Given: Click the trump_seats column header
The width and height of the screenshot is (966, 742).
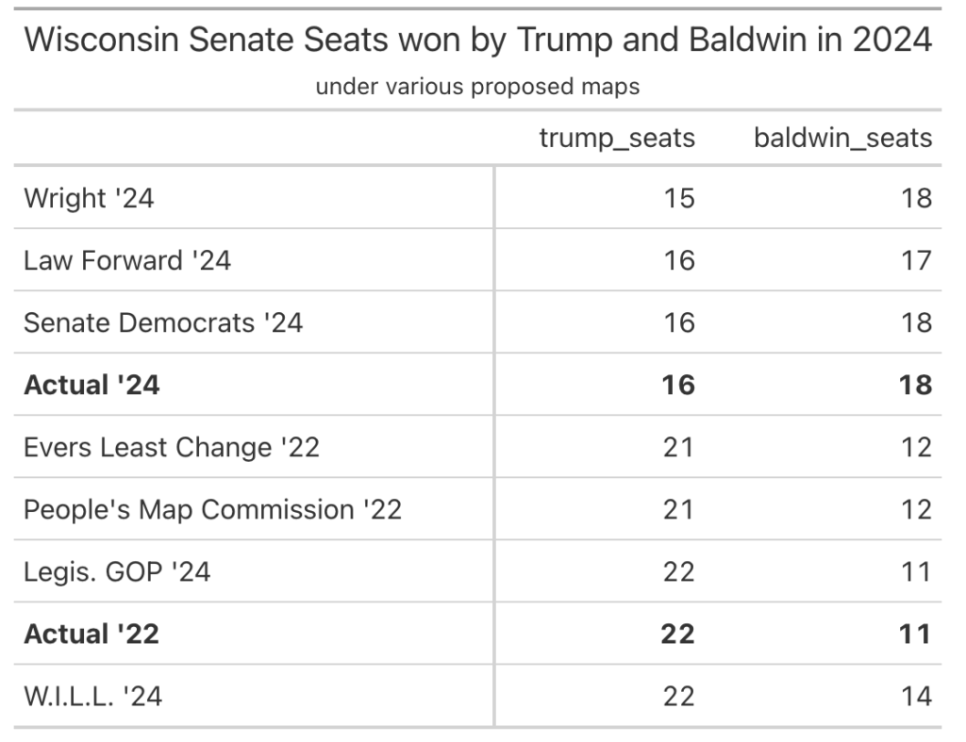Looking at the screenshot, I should coord(617,139).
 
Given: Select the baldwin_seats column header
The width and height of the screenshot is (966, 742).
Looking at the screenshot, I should coord(842,139).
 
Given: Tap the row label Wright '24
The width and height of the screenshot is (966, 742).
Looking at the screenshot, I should coord(89,198).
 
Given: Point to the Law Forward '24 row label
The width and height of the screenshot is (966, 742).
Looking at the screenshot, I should coord(127,260).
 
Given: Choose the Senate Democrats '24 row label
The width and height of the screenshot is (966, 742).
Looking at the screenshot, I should coord(163,322).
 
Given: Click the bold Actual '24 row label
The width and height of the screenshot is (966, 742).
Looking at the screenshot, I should coord(92,385).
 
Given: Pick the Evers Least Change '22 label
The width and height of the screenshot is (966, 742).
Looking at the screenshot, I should coord(172,447).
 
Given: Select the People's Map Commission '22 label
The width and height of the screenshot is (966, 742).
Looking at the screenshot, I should coord(212,509).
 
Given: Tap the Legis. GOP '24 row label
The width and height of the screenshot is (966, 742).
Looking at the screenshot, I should coord(117,571).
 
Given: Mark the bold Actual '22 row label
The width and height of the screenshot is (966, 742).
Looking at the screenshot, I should coord(92,634).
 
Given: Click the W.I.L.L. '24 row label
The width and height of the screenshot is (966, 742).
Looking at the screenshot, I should coord(93,696).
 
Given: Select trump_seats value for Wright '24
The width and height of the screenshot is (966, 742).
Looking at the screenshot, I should coord(678,198).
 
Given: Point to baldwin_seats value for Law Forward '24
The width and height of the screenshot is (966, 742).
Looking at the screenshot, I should coord(916,260).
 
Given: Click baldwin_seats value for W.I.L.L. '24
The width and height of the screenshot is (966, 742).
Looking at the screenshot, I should coord(916,696).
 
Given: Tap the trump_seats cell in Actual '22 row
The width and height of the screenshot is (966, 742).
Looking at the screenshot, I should coord(677,634).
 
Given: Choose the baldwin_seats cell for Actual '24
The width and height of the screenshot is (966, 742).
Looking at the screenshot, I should coord(915,385).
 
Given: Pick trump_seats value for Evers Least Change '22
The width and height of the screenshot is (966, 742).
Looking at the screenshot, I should coord(678,447).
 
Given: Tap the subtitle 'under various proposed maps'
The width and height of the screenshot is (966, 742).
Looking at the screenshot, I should coord(477,88).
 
